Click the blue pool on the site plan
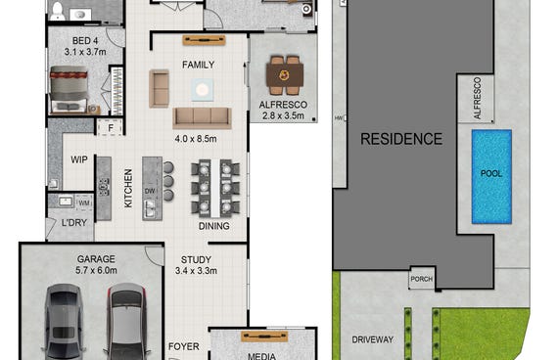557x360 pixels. [x=491, y=177]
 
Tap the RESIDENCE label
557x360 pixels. [x=401, y=139]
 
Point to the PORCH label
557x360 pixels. [x=422, y=279]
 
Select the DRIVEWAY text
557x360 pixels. [x=373, y=339]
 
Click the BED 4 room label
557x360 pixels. [x=85, y=41]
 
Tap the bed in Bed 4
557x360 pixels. [x=69, y=89]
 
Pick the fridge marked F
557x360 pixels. [x=111, y=127]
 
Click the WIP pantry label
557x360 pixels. [x=79, y=159]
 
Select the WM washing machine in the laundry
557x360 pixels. [x=84, y=202]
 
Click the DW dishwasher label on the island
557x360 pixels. [x=150, y=191]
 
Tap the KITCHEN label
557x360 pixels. [x=128, y=188]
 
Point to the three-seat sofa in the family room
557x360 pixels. [x=202, y=117]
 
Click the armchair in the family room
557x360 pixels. [x=159, y=88]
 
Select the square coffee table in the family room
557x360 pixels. [x=202, y=90]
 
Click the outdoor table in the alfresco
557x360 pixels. [x=284, y=75]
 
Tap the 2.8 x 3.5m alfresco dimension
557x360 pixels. [x=283, y=115]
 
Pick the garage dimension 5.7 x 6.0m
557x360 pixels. [x=96, y=270]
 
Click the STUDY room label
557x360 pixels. [x=196, y=260]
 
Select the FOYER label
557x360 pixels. [x=184, y=346]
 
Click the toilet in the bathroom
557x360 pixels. [x=57, y=11]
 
